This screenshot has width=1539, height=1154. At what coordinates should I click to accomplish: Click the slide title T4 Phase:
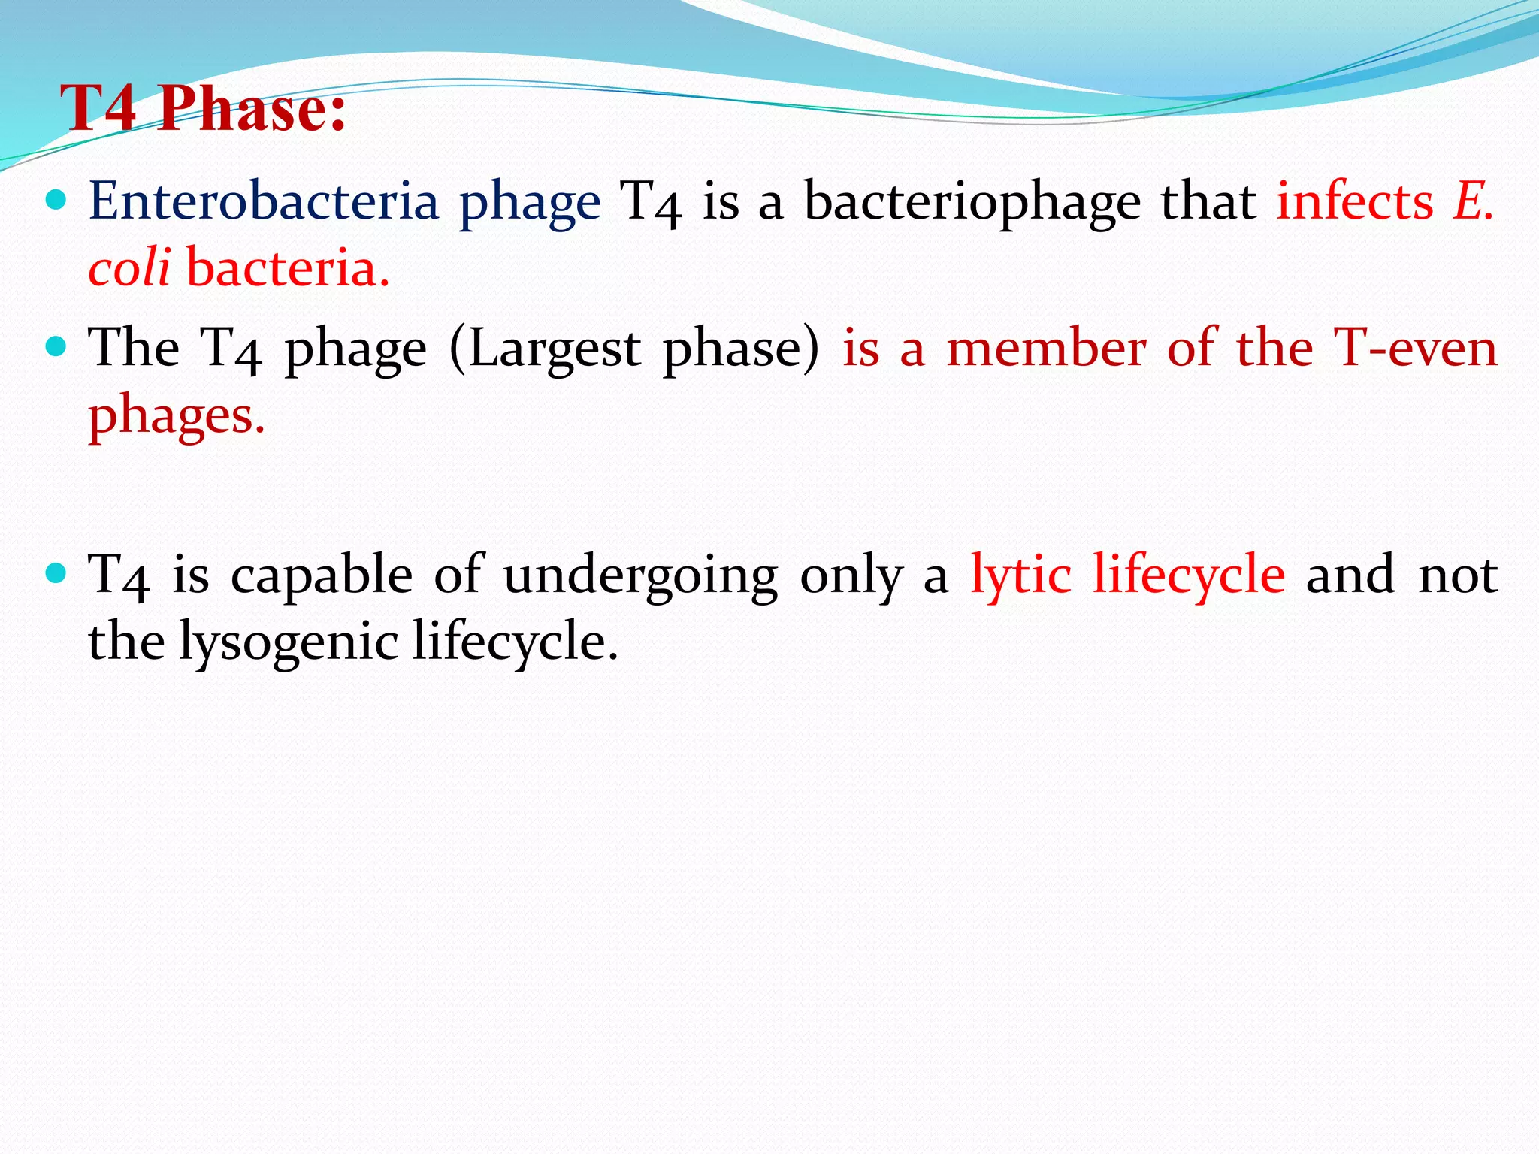point(203,109)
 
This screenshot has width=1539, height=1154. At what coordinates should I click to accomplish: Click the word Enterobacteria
point(263,201)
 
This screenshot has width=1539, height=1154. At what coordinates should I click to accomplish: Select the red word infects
point(1355,201)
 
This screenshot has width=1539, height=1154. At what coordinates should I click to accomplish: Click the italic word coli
point(129,267)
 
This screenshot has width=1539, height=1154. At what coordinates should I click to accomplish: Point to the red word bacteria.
point(288,267)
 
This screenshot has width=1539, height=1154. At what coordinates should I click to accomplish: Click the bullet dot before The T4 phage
point(56,347)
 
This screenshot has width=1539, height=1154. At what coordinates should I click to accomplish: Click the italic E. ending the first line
point(1474,201)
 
